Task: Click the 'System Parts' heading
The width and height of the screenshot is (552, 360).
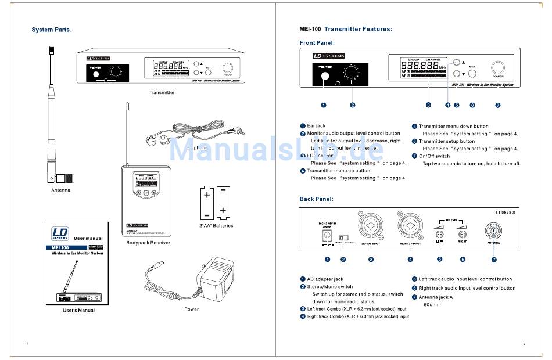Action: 52,30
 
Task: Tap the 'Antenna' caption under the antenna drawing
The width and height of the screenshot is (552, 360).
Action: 60,190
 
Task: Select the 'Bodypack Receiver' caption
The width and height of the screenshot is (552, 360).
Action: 148,243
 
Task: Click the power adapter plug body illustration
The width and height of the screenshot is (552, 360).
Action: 218,278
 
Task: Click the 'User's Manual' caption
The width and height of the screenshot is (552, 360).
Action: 78,310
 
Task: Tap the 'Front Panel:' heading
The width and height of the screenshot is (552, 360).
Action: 317,42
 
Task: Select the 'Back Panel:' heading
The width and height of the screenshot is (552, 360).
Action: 316,199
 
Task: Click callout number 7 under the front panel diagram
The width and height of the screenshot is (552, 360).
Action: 498,105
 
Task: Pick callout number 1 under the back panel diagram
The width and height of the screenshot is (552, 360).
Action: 328,259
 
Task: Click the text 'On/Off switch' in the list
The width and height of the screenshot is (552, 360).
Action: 434,156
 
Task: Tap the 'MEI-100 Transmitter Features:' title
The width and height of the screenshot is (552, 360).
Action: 345,29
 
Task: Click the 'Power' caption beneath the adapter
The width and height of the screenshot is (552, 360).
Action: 191,309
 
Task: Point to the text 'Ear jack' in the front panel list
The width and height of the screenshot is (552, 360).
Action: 316,126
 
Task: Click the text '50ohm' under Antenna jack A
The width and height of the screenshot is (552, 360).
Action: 431,304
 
